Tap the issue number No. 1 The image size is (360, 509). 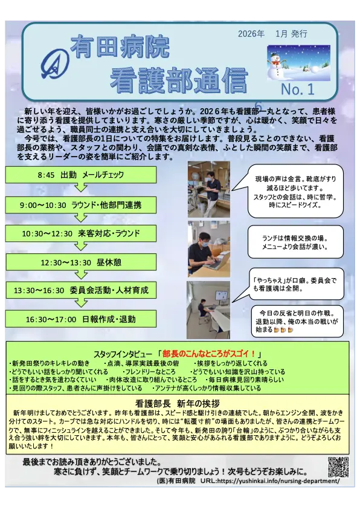(x=298, y=89)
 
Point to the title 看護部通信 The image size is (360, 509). (x=179, y=80)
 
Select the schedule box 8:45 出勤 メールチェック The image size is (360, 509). (x=80, y=175)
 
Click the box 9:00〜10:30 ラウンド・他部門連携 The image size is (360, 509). (x=80, y=205)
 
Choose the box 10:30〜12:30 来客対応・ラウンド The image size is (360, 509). (x=80, y=233)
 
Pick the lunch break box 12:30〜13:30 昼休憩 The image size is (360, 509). (x=80, y=262)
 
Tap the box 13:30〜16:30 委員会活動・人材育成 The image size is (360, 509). (x=80, y=290)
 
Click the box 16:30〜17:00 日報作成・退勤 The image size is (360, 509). (x=80, y=319)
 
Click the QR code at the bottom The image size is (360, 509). (x=338, y=467)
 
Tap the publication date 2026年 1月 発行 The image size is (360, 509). (x=272, y=34)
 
